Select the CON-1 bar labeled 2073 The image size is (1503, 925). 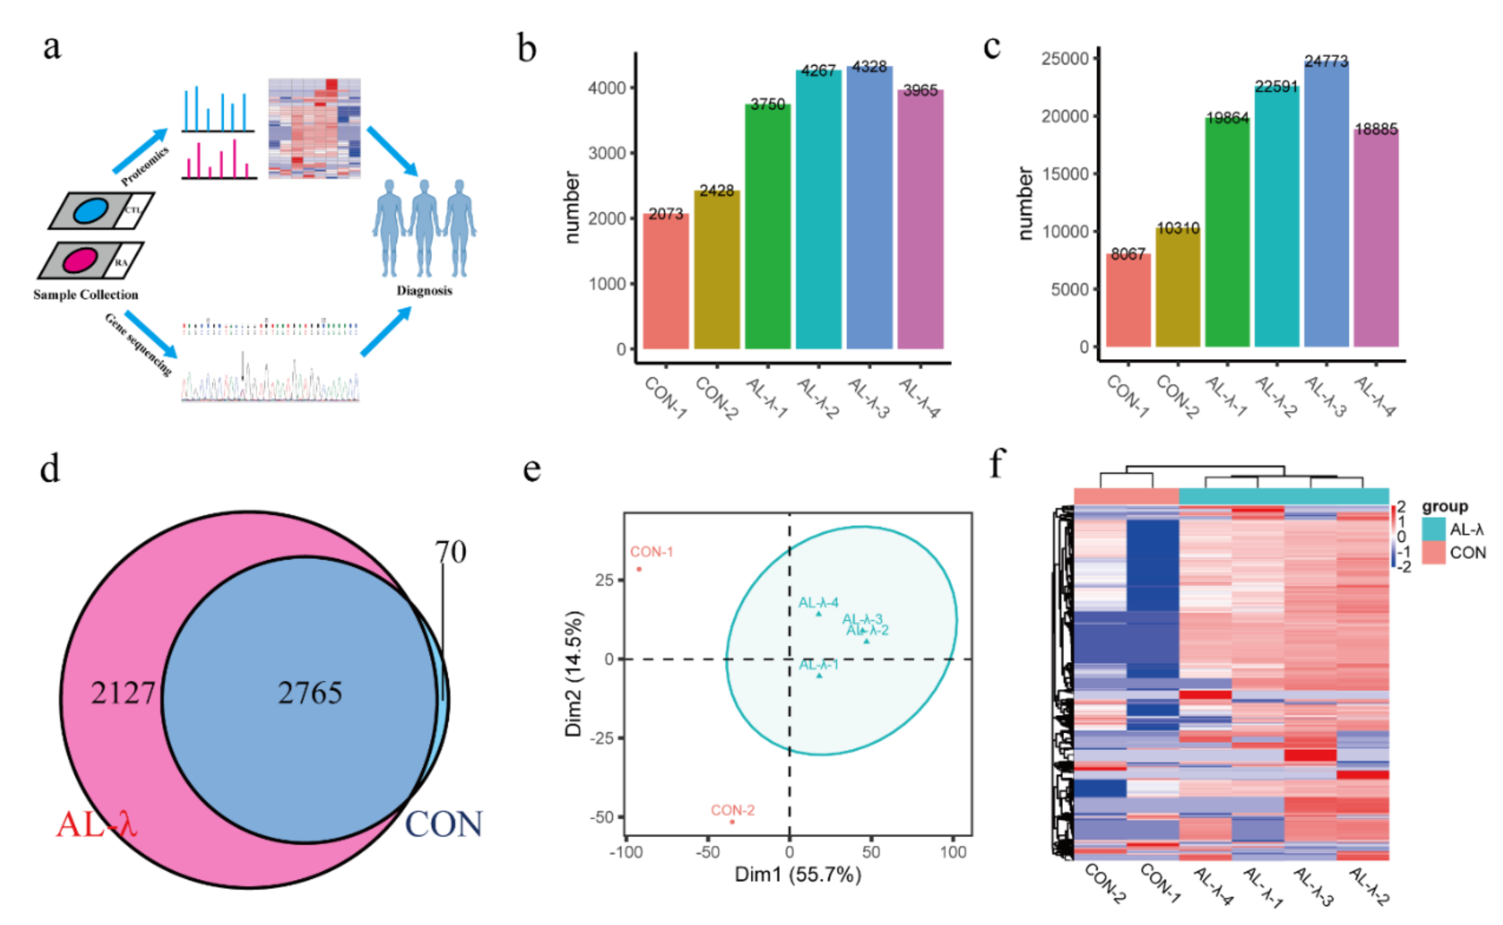click(666, 281)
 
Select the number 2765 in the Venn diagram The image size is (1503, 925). click(310, 693)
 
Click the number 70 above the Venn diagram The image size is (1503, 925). click(451, 552)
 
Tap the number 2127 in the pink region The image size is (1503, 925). click(123, 693)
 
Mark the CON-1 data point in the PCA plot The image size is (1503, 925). click(639, 569)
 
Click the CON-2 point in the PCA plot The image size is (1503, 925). click(732, 822)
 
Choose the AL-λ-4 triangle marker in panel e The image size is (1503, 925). click(819, 613)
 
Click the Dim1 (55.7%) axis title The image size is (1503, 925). click(798, 874)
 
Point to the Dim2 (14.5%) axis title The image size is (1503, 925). click(574, 673)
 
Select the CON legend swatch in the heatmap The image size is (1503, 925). click(1433, 552)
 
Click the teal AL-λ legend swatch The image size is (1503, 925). click(1433, 529)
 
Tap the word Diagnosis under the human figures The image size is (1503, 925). click(424, 291)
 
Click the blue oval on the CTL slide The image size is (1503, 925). click(91, 211)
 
